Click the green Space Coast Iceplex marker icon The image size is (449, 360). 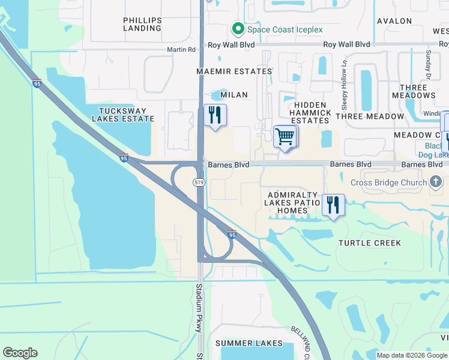point(238,29)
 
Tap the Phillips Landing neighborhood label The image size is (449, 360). point(142,24)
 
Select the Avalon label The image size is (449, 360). point(394,21)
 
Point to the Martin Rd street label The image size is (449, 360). point(181,50)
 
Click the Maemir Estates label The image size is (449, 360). point(234,71)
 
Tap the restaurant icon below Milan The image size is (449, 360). point(214,115)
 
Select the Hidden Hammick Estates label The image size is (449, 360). point(310,113)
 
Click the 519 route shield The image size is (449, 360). point(199,182)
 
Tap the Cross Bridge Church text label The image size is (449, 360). point(389,182)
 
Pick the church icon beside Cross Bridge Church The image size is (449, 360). point(436,182)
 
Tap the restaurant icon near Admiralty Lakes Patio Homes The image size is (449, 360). point(333,205)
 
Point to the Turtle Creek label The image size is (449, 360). point(369,243)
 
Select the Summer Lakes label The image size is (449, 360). point(249,343)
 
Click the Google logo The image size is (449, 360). point(20,353)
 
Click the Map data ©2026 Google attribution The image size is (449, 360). point(411,355)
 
